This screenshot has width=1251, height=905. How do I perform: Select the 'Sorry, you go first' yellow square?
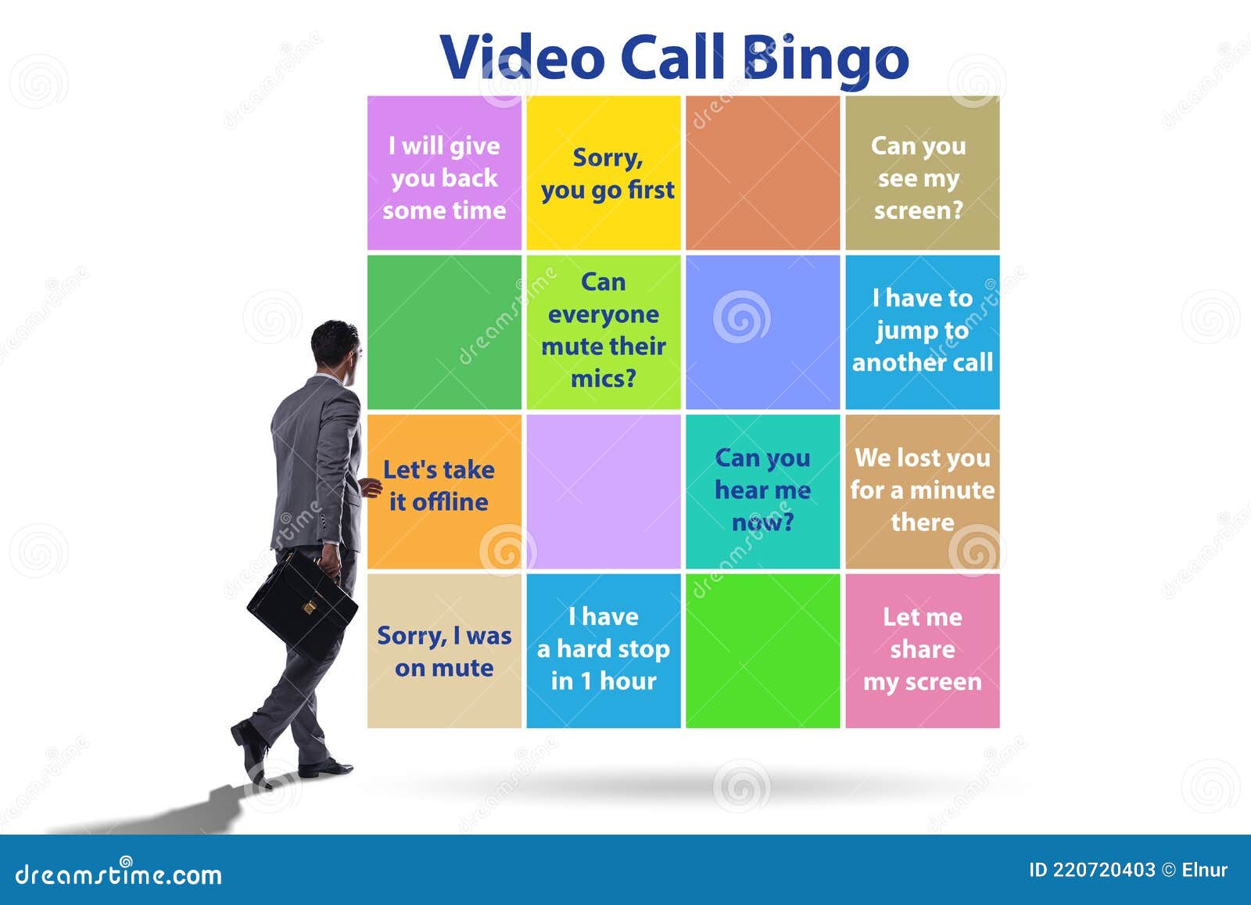point(604,174)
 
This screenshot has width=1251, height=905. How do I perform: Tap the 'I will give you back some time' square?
point(444,174)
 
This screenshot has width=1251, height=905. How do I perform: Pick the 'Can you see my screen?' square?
point(922,174)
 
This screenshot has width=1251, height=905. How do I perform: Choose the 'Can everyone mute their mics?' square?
point(604,332)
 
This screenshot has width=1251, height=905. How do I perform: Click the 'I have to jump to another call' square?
point(922,332)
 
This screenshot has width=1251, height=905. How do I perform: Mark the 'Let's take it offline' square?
point(444,491)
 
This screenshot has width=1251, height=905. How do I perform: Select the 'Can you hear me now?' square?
point(762,491)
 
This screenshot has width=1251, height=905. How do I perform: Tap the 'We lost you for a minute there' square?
point(922,491)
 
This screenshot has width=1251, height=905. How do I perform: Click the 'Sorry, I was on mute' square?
point(444,651)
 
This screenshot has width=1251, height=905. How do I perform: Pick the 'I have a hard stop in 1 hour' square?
point(604,651)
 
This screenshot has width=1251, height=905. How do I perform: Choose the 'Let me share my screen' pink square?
point(922,651)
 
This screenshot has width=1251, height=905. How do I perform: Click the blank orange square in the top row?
point(762,174)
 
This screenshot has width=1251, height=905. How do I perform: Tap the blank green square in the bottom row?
point(762,651)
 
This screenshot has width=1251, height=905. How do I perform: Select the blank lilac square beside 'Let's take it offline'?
point(604,491)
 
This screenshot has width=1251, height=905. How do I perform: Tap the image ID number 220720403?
point(1103,870)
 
